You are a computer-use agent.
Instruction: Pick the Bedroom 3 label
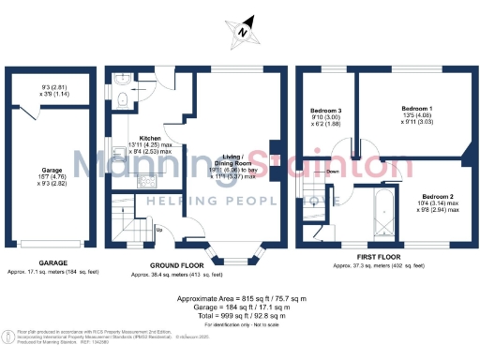tap(327, 110)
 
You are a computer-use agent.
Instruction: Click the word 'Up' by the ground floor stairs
tap(159, 228)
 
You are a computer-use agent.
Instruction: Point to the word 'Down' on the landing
tap(331, 172)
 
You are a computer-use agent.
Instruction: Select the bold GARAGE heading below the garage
tap(52, 263)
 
